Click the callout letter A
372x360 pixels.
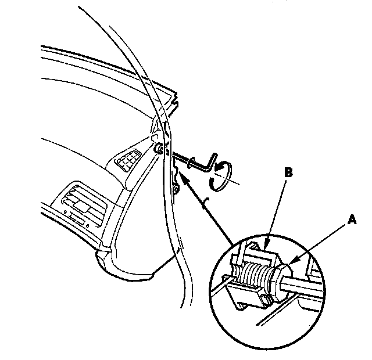click(x=350, y=220)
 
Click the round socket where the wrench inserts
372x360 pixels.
click(x=158, y=147)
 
